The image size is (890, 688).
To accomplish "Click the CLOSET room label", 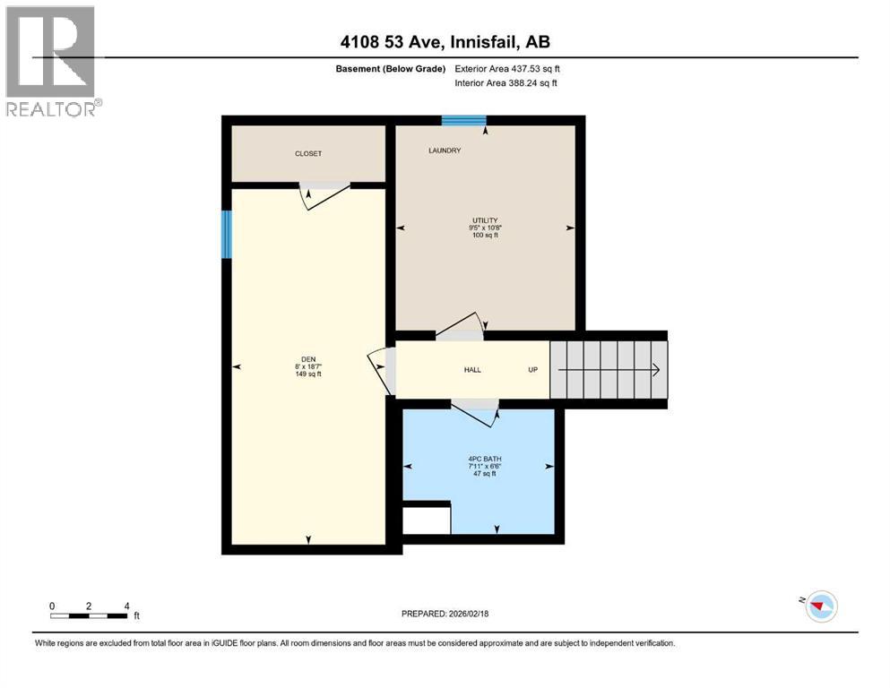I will tap(307, 154).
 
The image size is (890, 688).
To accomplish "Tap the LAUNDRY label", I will tap(444, 150).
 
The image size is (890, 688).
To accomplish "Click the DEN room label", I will tap(307, 365).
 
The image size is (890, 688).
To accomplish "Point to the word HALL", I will tap(472, 369).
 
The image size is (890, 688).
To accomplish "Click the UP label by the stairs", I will tap(532, 369).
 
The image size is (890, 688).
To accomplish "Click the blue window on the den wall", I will tap(227, 235).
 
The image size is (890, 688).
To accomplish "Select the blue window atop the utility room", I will tap(463, 121).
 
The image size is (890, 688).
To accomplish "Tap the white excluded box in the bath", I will tap(426, 519).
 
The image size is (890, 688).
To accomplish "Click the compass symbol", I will tap(820, 606).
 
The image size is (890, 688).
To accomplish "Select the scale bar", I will tap(89, 615).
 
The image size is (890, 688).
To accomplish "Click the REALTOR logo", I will tap(50, 60).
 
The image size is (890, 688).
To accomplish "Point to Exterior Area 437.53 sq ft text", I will tap(508, 69).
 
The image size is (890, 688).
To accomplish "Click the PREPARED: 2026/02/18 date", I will tap(445, 614).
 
